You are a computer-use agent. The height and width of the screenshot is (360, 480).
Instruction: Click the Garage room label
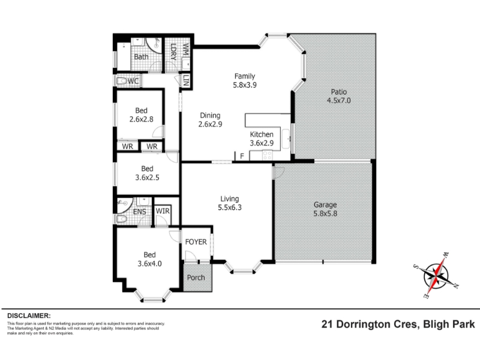click(x=325, y=205)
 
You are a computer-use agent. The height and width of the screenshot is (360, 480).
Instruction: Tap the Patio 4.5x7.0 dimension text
click(x=339, y=100)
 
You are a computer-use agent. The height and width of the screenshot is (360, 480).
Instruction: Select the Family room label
click(x=245, y=76)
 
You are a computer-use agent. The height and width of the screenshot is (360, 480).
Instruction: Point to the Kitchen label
click(x=262, y=134)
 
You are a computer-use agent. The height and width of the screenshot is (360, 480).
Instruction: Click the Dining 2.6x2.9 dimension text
click(x=211, y=124)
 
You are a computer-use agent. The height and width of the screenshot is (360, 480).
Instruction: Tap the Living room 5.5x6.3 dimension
click(x=230, y=208)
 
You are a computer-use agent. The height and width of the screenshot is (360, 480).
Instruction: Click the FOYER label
click(x=196, y=242)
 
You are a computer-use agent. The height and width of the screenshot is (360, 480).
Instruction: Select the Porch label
click(x=196, y=278)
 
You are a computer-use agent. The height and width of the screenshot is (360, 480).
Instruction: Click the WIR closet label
click(x=163, y=211)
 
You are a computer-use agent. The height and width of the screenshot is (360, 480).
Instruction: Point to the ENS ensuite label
click(x=140, y=212)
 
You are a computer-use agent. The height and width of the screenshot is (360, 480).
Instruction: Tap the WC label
click(x=133, y=81)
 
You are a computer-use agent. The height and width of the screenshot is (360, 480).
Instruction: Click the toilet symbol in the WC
click(x=122, y=81)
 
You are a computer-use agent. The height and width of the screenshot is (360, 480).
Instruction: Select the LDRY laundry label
click(x=173, y=52)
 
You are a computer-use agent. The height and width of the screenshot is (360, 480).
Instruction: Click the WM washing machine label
click(x=186, y=49)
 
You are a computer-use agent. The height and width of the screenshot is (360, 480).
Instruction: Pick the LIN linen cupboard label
click(x=186, y=81)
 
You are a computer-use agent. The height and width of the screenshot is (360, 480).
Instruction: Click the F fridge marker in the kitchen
click(x=242, y=156)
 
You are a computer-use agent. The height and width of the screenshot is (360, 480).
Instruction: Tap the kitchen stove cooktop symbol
click(x=267, y=155)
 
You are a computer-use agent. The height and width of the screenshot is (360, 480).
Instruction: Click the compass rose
click(x=436, y=276)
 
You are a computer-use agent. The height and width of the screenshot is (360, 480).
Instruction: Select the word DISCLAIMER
click(x=29, y=316)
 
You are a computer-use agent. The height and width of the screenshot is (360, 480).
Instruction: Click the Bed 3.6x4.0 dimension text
click(x=149, y=263)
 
